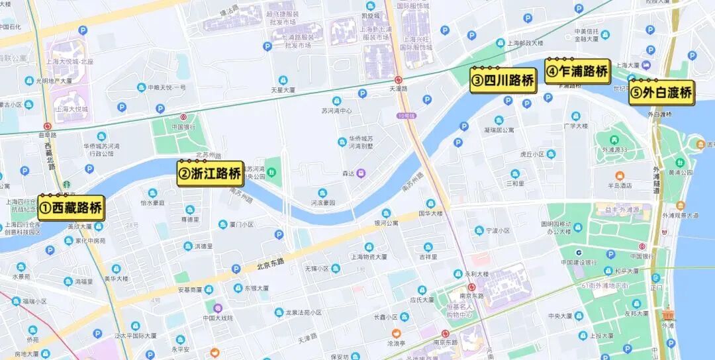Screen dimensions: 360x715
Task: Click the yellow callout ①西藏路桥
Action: pos(71,208)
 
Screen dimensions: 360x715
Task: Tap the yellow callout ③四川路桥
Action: pos(503,81)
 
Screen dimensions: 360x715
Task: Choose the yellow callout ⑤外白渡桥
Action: pos(661,93)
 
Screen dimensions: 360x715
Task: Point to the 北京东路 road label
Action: pos(271,263)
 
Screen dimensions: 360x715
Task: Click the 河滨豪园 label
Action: pos(323,202)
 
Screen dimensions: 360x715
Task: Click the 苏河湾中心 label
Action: pos(336,111)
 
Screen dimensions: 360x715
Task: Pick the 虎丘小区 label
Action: pos(532,154)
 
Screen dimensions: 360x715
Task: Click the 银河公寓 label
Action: pos(386,223)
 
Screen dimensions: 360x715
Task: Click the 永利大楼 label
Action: pos(477,273)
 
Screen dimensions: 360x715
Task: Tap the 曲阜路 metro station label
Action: pos(47,134)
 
